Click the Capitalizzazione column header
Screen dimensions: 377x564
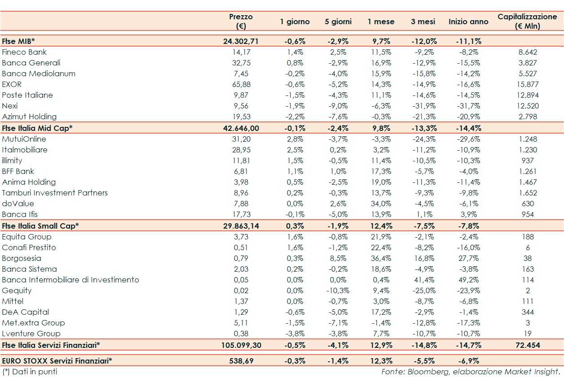(527, 21)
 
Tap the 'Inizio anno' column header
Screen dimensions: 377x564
(468, 22)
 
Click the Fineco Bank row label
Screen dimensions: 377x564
(24, 52)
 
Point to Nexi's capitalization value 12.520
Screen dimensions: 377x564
(528, 106)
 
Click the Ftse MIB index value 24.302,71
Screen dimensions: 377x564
(241, 41)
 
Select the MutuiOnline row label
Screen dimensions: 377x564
(24, 139)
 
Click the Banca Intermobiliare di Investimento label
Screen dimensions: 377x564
(70, 280)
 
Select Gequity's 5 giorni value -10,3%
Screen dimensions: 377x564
(338, 290)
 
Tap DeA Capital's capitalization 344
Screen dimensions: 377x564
(528, 312)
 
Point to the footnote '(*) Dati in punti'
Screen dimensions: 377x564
(30, 372)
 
